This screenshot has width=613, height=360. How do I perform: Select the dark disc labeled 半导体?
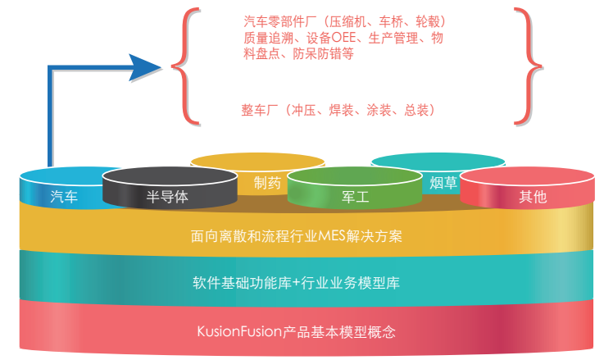point(167,195)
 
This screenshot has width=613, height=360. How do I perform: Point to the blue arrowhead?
point(147,67)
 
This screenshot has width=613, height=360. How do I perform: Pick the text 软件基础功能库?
point(247,284)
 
